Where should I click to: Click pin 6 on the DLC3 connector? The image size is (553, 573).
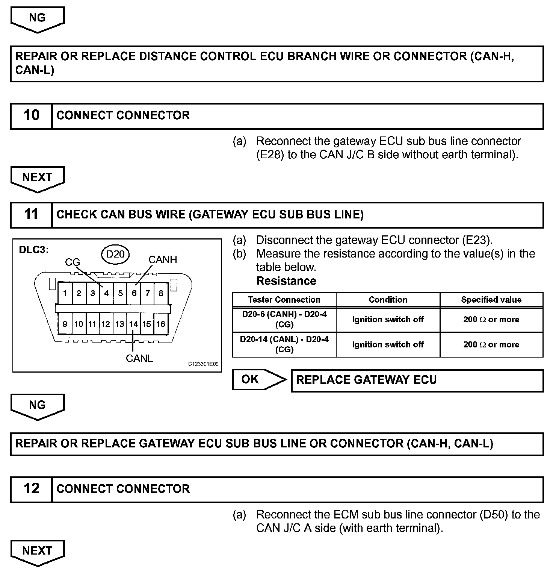pyautogui.click(x=134, y=293)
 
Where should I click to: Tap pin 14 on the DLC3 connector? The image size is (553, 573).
pyautogui.click(x=133, y=324)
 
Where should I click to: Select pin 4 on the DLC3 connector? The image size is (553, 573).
pyautogui.click(x=106, y=293)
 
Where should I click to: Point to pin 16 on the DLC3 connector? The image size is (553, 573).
pyautogui.click(x=161, y=324)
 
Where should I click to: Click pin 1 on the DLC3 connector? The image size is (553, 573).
pyautogui.click(x=65, y=293)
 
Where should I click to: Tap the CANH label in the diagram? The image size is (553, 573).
pyautogui.click(x=162, y=260)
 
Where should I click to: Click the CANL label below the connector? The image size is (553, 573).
pyautogui.click(x=139, y=359)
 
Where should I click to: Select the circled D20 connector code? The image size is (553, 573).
pyautogui.click(x=115, y=255)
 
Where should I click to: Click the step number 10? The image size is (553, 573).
pyautogui.click(x=31, y=115)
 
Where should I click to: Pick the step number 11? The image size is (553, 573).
pyautogui.click(x=31, y=215)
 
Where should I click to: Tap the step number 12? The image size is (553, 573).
pyautogui.click(x=31, y=489)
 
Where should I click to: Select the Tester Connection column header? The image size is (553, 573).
pyautogui.click(x=284, y=300)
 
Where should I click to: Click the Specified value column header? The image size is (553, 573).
pyautogui.click(x=491, y=300)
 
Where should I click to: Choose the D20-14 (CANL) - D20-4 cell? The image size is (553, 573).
pyautogui.click(x=284, y=344)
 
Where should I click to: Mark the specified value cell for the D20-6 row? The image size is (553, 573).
pyautogui.click(x=491, y=320)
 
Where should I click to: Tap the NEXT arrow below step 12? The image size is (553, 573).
pyautogui.click(x=37, y=552)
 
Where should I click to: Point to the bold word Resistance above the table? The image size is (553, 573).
pyautogui.click(x=286, y=281)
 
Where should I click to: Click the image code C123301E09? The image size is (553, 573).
pyautogui.click(x=203, y=364)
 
